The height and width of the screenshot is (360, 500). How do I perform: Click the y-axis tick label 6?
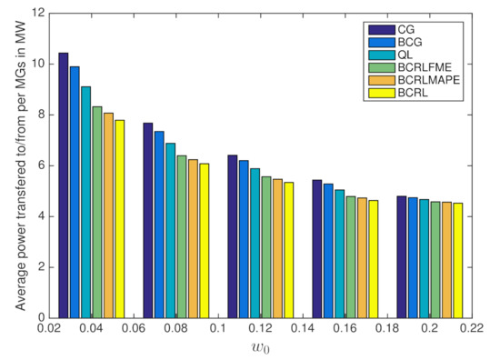point(44,165)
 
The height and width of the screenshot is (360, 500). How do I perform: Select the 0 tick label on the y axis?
point(44,317)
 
